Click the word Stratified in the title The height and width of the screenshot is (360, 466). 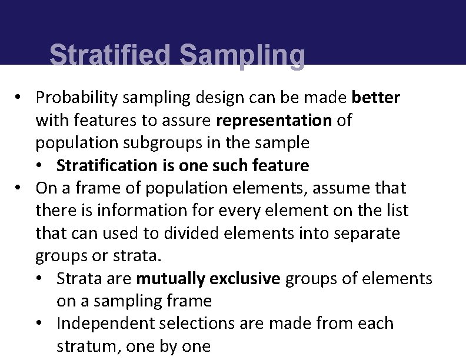(x=111, y=56)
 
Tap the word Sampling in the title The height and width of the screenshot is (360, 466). (x=242, y=56)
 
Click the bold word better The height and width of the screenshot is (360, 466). (x=376, y=97)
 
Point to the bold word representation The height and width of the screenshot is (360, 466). (x=274, y=120)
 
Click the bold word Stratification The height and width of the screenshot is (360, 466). (x=108, y=166)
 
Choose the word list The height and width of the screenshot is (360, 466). (x=395, y=211)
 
